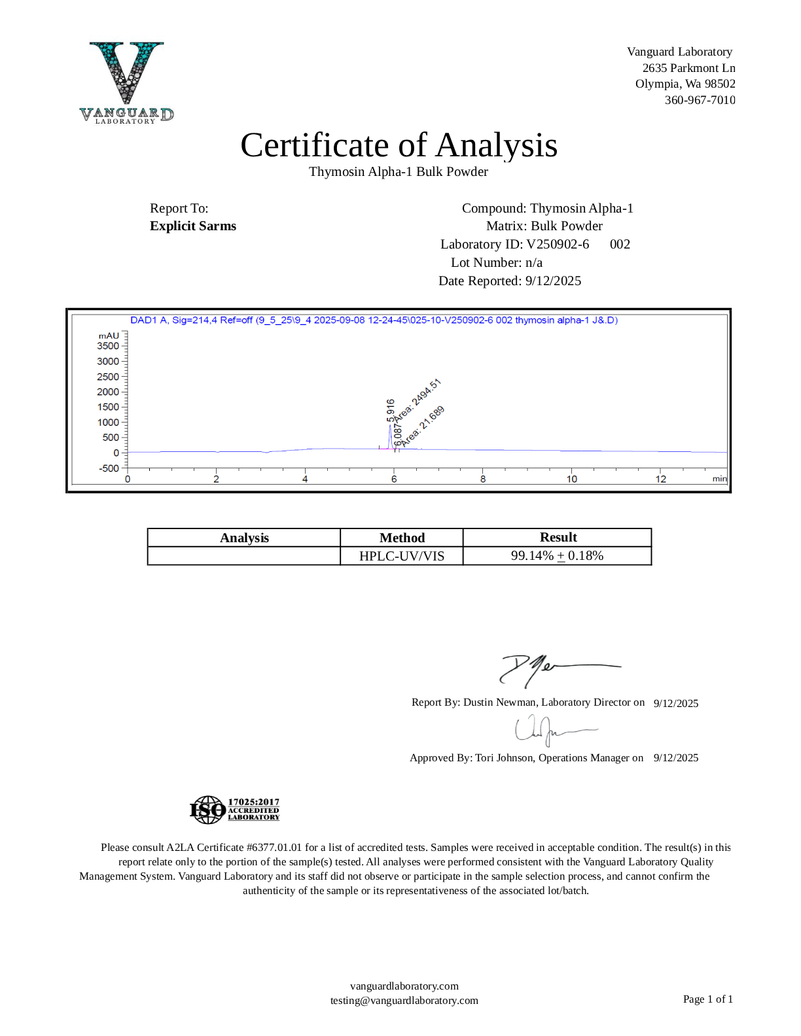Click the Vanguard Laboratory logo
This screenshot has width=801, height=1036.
point(126,82)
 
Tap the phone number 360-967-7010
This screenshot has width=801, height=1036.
point(700,100)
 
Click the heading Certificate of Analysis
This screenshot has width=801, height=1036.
point(399,145)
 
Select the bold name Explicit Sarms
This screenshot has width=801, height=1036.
point(193,226)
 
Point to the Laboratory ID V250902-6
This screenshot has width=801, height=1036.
point(558,245)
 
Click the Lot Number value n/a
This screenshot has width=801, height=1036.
point(534,263)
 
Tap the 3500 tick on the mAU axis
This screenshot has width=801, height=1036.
point(109,346)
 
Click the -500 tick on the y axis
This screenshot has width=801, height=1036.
point(109,468)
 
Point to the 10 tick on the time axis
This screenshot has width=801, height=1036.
point(572,479)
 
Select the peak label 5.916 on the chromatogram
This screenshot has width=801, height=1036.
point(391,411)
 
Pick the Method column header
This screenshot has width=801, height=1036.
point(402,538)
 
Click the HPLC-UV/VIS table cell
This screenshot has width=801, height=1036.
point(402,556)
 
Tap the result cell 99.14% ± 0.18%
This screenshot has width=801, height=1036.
point(557,556)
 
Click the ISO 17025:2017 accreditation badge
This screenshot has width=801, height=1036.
point(234,810)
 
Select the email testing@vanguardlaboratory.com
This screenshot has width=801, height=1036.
point(404,1001)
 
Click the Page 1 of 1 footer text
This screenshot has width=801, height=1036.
point(707,999)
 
